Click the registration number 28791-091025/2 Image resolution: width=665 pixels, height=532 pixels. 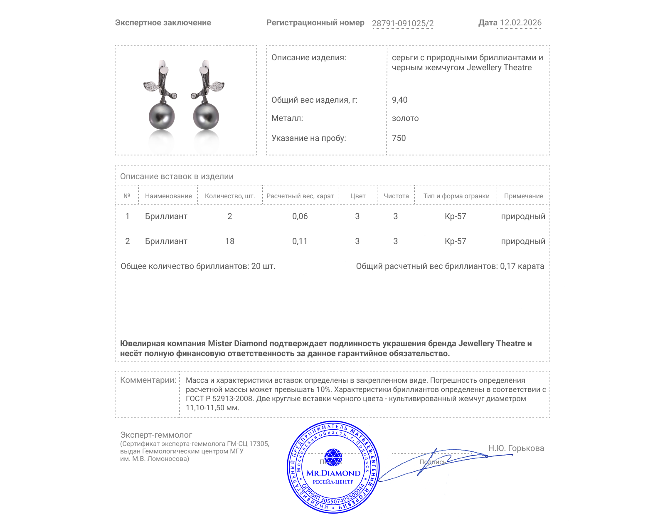[x=402, y=23]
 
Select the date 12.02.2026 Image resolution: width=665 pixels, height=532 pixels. [x=520, y=22]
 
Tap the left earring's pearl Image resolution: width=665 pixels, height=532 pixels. [x=162, y=116]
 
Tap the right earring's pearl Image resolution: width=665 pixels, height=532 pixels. [x=206, y=116]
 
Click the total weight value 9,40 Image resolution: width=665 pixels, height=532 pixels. [x=399, y=100]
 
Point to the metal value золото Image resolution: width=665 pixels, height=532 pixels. [x=405, y=118]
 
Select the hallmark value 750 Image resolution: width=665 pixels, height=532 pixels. [x=399, y=138]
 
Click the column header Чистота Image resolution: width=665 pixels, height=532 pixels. [x=396, y=196]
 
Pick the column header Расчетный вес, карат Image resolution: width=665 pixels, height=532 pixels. [x=300, y=196]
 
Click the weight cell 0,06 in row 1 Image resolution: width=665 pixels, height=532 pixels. [x=300, y=216]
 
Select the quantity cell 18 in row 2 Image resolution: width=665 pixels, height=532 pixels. [x=229, y=241]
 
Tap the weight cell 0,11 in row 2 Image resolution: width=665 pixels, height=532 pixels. [x=300, y=241]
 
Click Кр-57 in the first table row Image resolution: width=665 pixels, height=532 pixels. [x=455, y=216]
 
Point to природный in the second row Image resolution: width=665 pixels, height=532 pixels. [x=523, y=241]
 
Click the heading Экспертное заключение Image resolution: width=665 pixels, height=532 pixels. [x=163, y=22]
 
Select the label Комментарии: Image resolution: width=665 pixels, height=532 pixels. [x=148, y=380]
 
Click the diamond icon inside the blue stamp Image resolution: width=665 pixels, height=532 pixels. [x=333, y=457]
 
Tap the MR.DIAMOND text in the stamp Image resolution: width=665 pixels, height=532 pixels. [x=333, y=473]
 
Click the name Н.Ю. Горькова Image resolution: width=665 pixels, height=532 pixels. [x=516, y=448]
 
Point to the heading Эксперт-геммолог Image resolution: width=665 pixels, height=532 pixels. [x=156, y=435]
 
